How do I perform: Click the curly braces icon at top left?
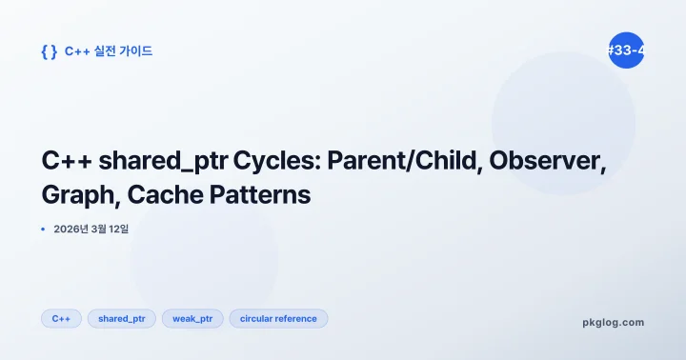[x=49, y=51]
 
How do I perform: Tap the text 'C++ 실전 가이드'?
[x=108, y=51]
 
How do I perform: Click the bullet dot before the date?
[x=44, y=230]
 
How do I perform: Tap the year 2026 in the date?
[x=69, y=230]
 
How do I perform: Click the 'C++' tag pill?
[x=61, y=319]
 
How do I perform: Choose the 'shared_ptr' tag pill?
[x=121, y=319]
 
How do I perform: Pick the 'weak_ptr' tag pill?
[x=192, y=319]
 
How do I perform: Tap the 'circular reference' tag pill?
[x=278, y=319]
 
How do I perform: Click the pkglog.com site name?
[x=613, y=322]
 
